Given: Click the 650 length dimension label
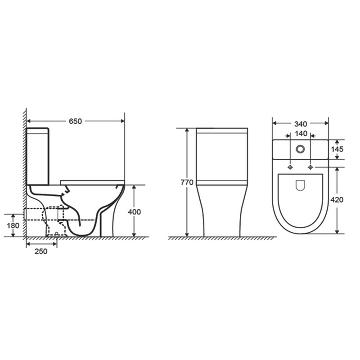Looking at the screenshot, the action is [x=75, y=121].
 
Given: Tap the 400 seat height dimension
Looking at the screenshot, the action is [x=134, y=211].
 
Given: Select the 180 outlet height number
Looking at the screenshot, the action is [x=13, y=225].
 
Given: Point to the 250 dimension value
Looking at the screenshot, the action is [x=41, y=251].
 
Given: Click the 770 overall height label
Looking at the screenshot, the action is [x=187, y=182].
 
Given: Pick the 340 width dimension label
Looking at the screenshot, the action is [x=301, y=124].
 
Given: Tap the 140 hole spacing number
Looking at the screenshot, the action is [x=301, y=133].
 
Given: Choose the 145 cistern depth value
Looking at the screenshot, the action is [x=337, y=149].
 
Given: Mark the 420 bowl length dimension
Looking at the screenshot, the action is [x=337, y=200].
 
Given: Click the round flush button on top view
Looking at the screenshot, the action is [x=300, y=149].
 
